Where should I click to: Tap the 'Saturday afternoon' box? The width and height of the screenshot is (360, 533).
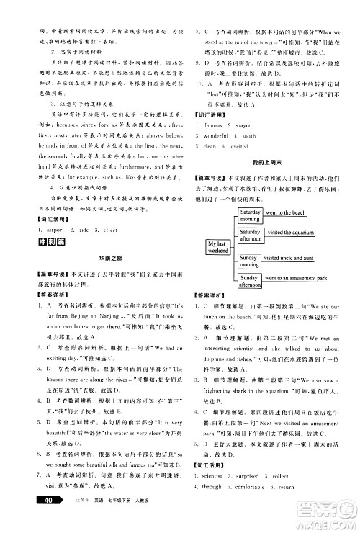(x=249, y=236)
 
